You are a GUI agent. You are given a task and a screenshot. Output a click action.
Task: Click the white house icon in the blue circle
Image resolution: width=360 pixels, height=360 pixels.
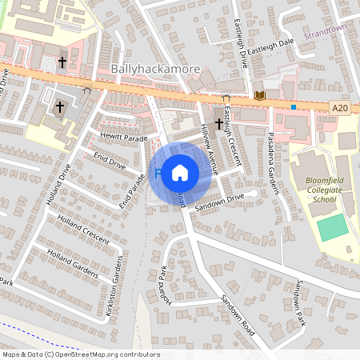[x=180, y=172]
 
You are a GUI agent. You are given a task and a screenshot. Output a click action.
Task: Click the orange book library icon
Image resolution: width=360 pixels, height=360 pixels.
[x=258, y=96]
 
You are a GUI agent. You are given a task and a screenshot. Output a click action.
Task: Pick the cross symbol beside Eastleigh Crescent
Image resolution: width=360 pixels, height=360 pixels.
[x=218, y=123]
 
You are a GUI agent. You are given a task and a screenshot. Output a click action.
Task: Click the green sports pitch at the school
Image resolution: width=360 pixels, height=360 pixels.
[x=332, y=228]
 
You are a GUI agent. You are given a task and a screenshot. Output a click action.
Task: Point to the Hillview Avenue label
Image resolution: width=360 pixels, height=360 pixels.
[x=210, y=146]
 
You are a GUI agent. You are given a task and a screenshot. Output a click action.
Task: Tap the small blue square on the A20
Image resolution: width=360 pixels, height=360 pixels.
[x=294, y=106]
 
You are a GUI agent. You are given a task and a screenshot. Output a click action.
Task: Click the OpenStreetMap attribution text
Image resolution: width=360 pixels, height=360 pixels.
[x=81, y=354]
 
